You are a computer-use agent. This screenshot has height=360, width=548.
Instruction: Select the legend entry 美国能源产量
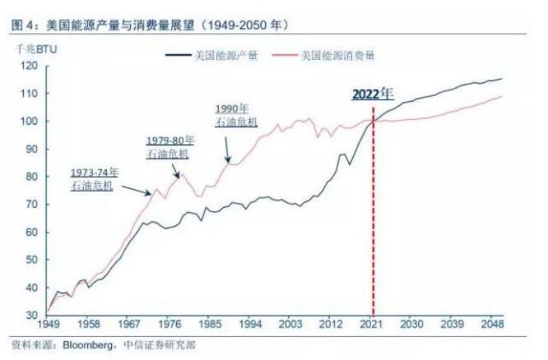[225, 54]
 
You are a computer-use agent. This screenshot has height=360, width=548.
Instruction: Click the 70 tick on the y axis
[30, 203]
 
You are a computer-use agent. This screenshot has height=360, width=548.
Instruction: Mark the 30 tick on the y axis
[30, 315]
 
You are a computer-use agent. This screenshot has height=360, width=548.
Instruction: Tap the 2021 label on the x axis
[373, 325]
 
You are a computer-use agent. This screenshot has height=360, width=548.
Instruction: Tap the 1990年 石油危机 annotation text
[235, 116]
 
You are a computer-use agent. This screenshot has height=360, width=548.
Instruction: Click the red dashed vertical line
[373, 216]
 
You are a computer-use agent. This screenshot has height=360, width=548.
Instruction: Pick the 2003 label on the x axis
[291, 325]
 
